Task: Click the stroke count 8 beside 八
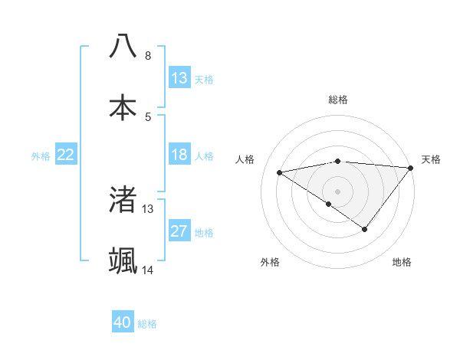pos(148,56)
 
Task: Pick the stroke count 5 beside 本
pos(148,116)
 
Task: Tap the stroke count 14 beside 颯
pos(148,270)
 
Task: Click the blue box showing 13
pos(179,78)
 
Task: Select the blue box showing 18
pos(179,155)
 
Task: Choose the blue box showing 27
pos(179,231)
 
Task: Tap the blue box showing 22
pos(66,155)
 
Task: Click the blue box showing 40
pos(123,322)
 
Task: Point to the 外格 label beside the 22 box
pos(41,156)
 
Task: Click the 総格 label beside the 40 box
pos(148,324)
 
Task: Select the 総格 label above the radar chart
pos(337,100)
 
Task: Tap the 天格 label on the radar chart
pos(431,159)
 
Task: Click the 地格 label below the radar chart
pos(402,262)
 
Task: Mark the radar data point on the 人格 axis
pos(280,172)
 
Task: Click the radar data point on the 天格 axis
pos(411,167)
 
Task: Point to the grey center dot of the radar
pos(337,191)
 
